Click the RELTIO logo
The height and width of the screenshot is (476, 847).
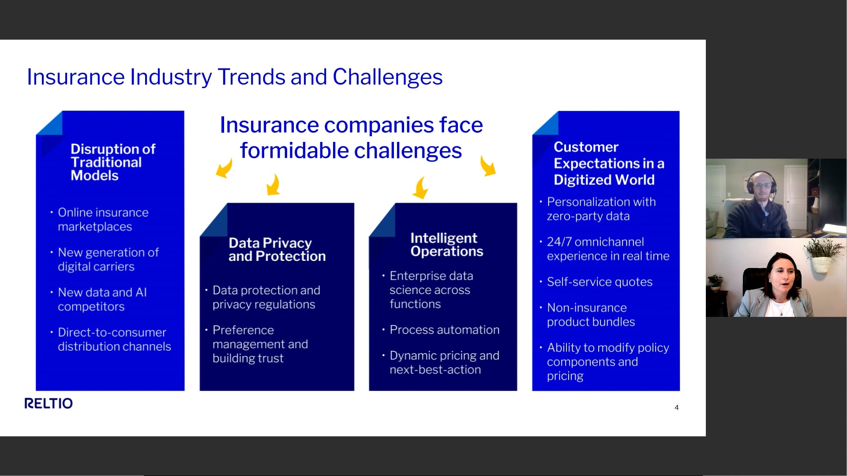pyautogui.click(x=49, y=403)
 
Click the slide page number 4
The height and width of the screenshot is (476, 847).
pyautogui.click(x=676, y=408)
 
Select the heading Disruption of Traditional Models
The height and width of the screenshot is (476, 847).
pyautogui.click(x=113, y=162)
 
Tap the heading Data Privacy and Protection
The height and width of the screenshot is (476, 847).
pyautogui.click(x=277, y=249)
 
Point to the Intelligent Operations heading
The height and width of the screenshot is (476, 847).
pyautogui.click(x=447, y=245)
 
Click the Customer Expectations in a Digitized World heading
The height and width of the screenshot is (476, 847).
pyautogui.click(x=609, y=164)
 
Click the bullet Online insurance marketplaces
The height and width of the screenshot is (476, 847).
pyautogui.click(x=103, y=219)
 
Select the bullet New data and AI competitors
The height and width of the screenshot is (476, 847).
pyautogui.click(x=102, y=299)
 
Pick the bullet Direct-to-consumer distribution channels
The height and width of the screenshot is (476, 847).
pyautogui.click(x=114, y=339)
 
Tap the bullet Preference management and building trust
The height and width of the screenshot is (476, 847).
pyautogui.click(x=260, y=344)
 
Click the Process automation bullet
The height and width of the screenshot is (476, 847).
pyautogui.click(x=445, y=330)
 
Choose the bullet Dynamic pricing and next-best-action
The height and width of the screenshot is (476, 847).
pyautogui.click(x=444, y=362)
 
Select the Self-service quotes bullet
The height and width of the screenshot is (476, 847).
pyautogui.click(x=600, y=282)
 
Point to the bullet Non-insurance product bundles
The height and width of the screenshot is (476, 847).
pyautogui.click(x=591, y=315)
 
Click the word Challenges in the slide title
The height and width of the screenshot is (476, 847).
pyautogui.click(x=387, y=77)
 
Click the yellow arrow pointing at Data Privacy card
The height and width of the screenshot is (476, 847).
pyautogui.click(x=274, y=184)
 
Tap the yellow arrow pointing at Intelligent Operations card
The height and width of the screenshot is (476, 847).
pyautogui.click(x=420, y=187)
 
